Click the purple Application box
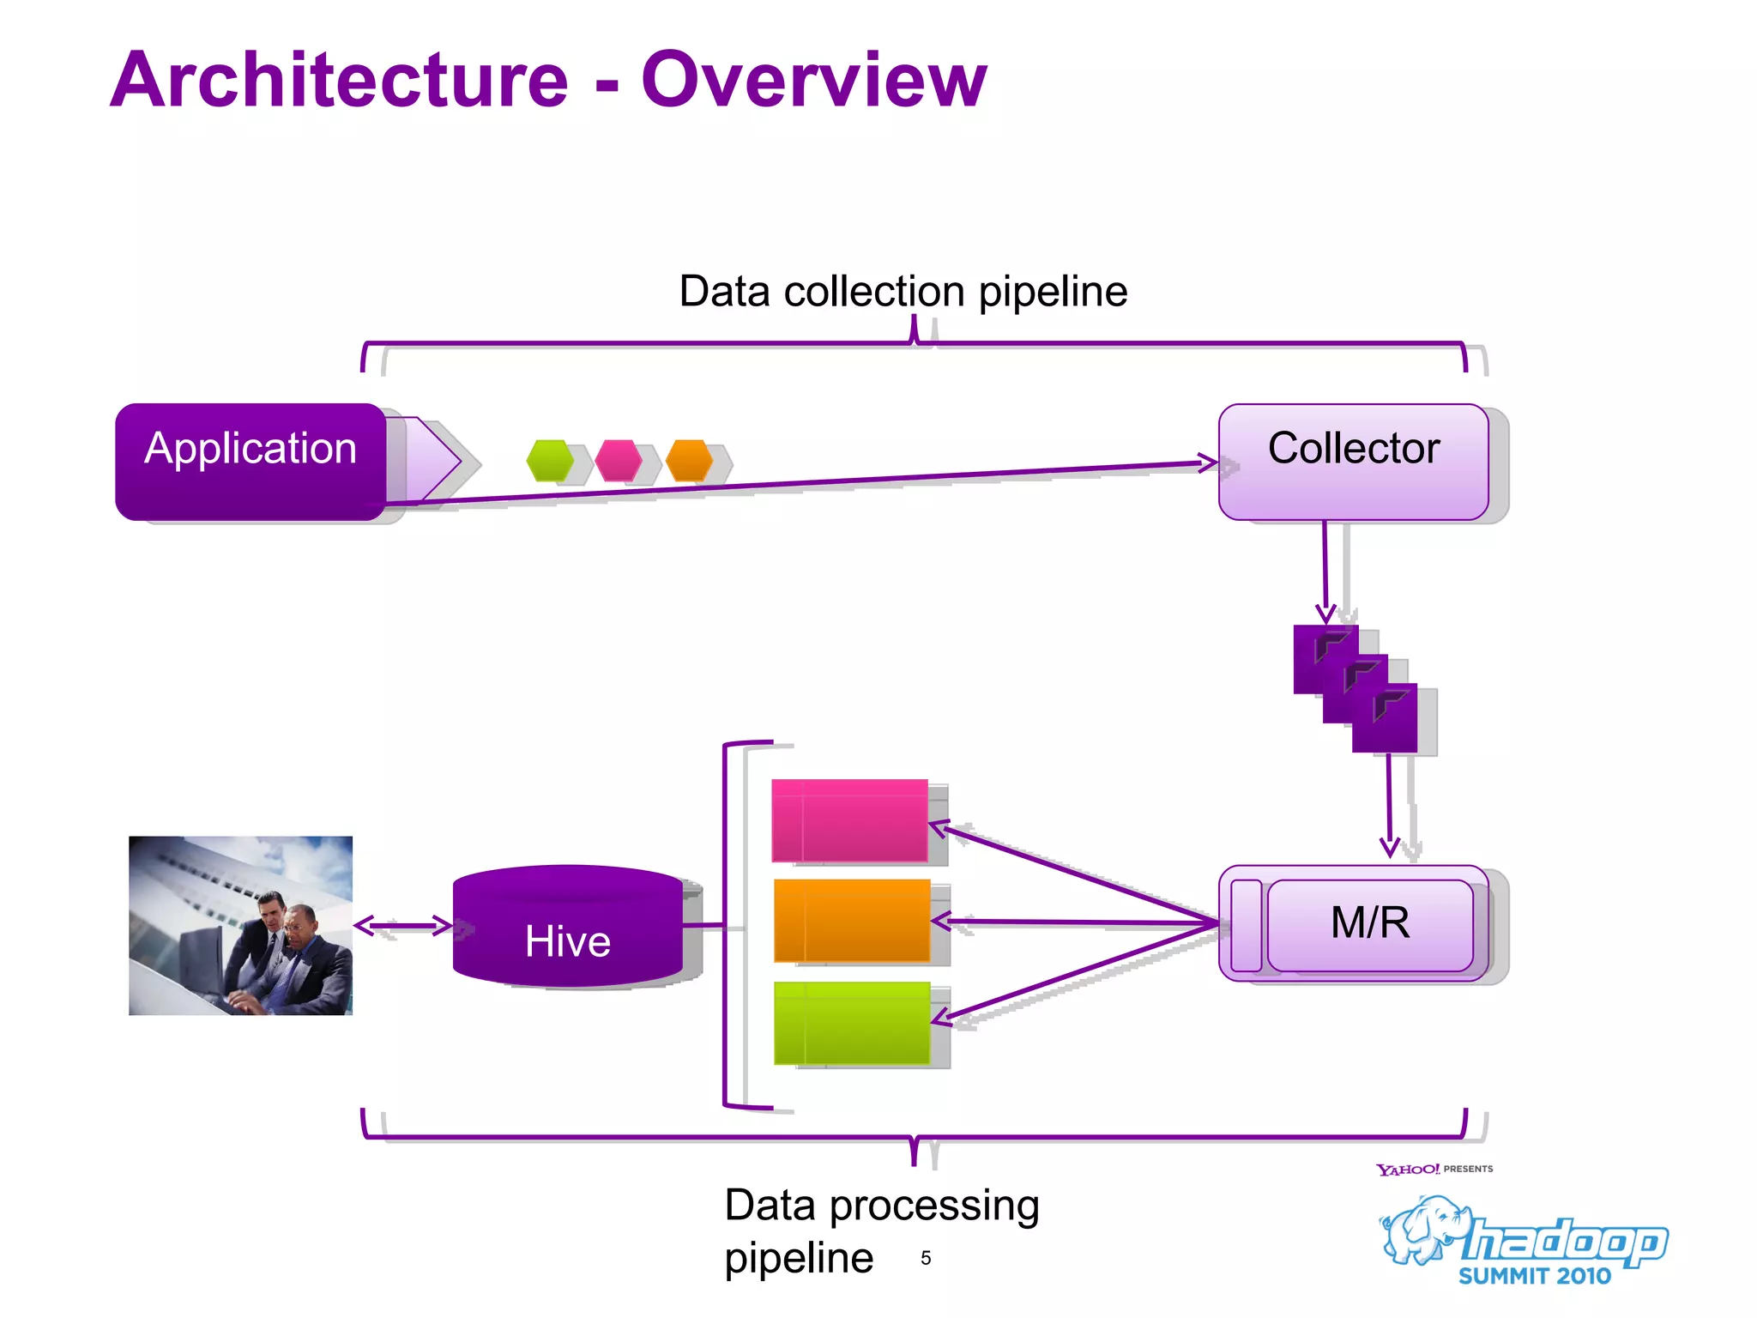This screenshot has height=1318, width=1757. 251,461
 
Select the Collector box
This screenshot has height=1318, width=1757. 1353,461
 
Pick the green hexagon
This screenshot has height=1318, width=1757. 550,461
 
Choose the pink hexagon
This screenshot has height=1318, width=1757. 619,461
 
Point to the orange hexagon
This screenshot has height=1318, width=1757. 689,461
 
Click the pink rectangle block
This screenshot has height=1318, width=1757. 850,819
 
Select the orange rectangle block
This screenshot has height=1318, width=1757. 852,920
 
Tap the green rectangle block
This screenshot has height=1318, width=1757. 852,1023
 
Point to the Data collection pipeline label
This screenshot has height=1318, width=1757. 903,292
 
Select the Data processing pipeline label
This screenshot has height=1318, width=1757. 881,1230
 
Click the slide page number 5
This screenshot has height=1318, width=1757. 926,1258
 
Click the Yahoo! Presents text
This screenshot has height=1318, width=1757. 1434,1170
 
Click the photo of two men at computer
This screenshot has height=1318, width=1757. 240,925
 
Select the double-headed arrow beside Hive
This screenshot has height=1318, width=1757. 403,925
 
